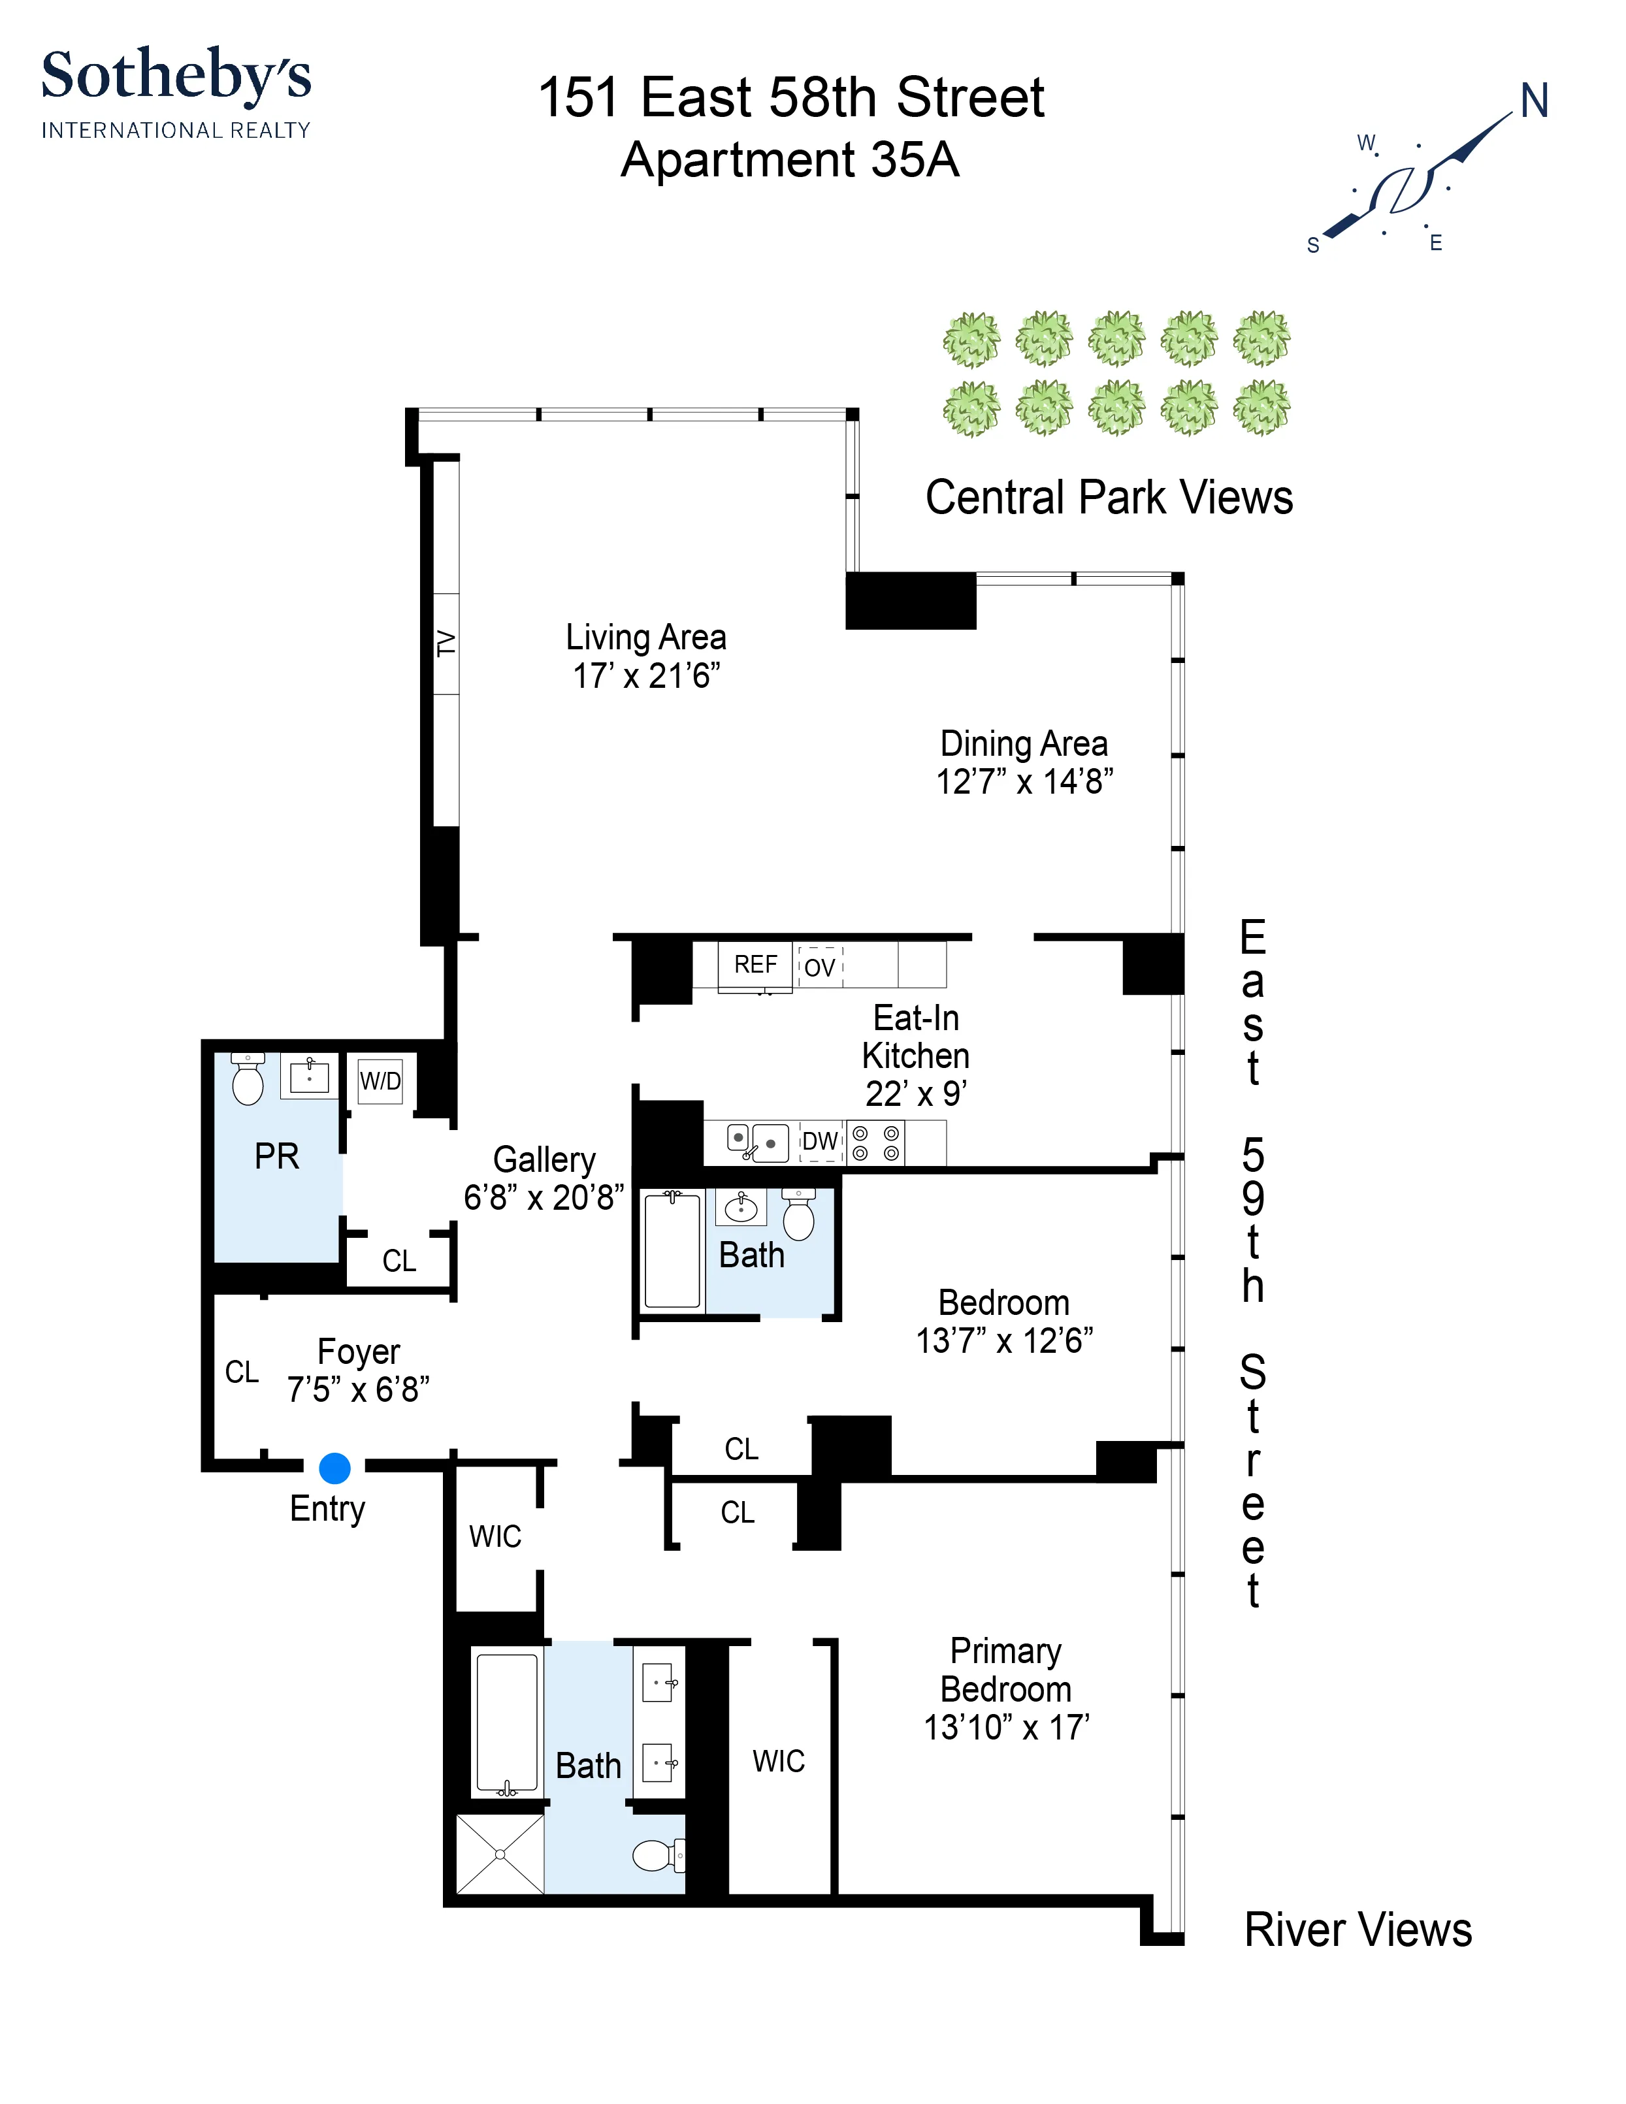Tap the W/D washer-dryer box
pyautogui.click(x=380, y=1081)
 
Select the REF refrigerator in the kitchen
pyautogui.click(x=755, y=964)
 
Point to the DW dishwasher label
pyautogui.click(x=821, y=1142)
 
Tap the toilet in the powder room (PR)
pyautogui.click(x=248, y=1081)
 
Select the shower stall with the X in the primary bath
pyautogui.click(x=500, y=1854)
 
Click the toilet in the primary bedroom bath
pyautogui.click(x=658, y=1854)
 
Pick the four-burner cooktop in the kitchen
pyautogui.click(x=875, y=1142)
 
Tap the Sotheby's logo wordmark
pyautogui.click(x=176, y=77)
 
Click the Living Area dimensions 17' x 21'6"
pyautogui.click(x=646, y=676)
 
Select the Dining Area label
pyautogui.click(x=1024, y=744)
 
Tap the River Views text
pyautogui.click(x=1358, y=1930)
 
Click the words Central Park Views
pyautogui.click(x=1109, y=498)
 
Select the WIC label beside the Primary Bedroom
pyautogui.click(x=778, y=1762)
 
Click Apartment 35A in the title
pyautogui.click(x=790, y=160)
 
